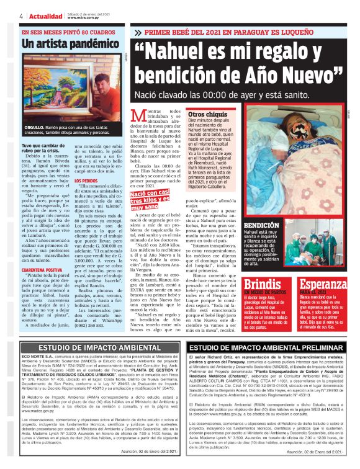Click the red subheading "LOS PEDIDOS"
pos(85,181)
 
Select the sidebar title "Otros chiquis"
pos(207,115)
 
